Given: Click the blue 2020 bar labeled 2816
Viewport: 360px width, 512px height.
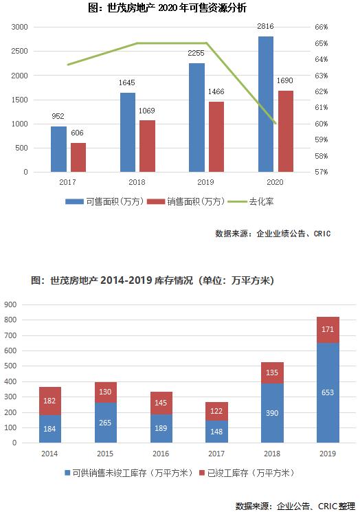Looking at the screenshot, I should tap(266, 104).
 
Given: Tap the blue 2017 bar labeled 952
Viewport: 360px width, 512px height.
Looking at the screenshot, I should tap(58, 149).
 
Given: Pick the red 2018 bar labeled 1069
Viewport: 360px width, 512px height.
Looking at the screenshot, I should tap(147, 146).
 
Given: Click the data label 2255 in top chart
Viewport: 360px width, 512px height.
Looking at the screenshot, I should tap(197, 56).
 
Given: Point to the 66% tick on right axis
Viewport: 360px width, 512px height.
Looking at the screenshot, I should tap(322, 27).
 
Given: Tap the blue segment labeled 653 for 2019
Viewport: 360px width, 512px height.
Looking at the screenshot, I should tap(328, 392).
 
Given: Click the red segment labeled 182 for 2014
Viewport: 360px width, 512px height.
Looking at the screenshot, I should tap(51, 401).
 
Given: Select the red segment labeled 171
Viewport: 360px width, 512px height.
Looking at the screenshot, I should tap(328, 330).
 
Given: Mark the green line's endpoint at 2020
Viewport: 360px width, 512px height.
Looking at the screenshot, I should tap(275, 124).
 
